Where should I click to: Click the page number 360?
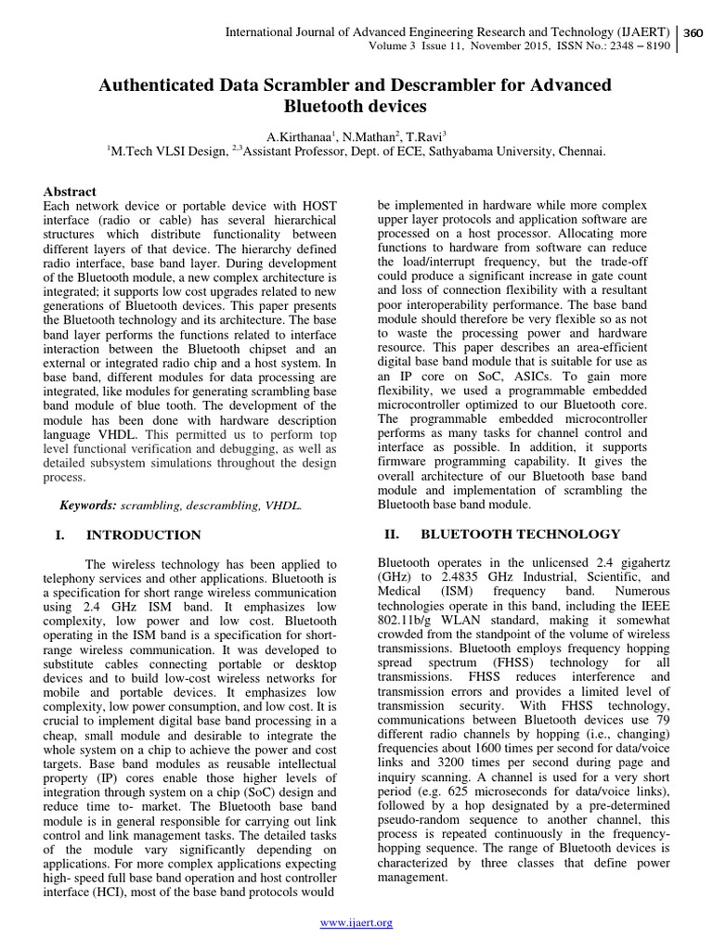(x=694, y=33)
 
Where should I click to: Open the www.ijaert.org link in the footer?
(x=356, y=922)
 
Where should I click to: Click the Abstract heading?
(x=71, y=190)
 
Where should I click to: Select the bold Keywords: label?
(x=88, y=505)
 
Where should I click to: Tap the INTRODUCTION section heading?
(x=143, y=535)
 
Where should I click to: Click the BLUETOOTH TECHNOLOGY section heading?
(x=520, y=533)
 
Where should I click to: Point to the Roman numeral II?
(x=390, y=533)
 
